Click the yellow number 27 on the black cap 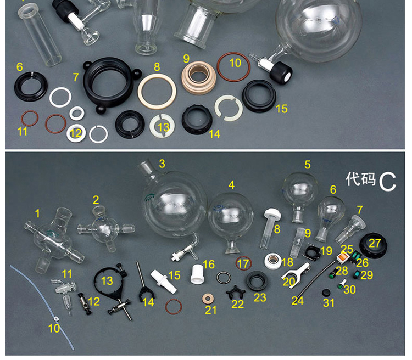(375, 243)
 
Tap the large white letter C (387, 182)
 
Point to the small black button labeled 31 (326, 292)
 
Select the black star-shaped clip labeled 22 (236, 292)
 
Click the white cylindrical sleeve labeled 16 (197, 274)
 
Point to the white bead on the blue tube (56, 318)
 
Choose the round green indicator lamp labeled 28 (333, 275)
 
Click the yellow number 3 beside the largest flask (162, 164)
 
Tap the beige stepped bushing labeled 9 (199, 77)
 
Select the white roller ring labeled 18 (273, 261)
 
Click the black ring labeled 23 (258, 281)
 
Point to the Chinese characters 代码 (360, 179)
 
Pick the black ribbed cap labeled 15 (259, 96)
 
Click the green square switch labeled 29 (358, 275)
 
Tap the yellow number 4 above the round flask (231, 185)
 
